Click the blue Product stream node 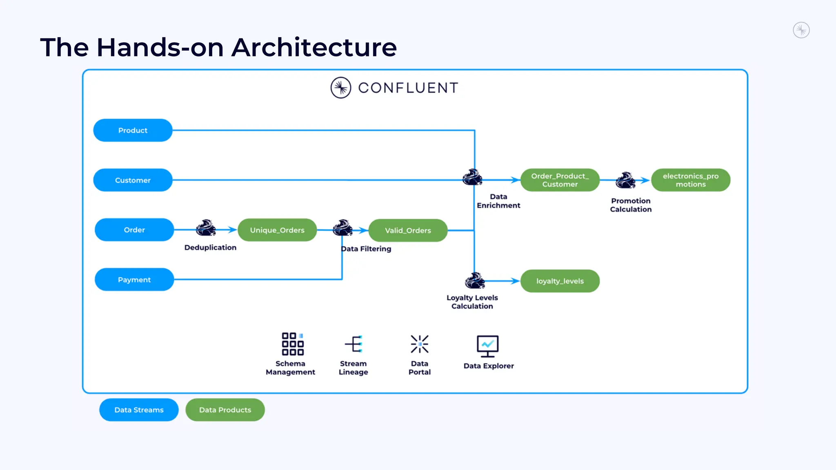[x=133, y=130]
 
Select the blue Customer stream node [x=133, y=180]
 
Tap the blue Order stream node [x=134, y=230]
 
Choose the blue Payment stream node [x=134, y=279]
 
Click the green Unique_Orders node [x=277, y=230]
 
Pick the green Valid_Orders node [x=408, y=231]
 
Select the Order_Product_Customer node [x=560, y=180]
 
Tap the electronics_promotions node [x=690, y=180]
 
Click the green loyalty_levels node [x=560, y=281]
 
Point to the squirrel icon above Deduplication [x=206, y=228]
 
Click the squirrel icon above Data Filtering [x=342, y=228]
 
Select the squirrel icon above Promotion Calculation [x=625, y=180]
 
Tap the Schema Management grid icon [x=293, y=344]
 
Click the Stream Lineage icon [x=354, y=344]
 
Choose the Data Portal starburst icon [x=420, y=344]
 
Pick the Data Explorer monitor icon [x=487, y=346]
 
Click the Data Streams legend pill [x=139, y=410]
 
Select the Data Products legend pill [x=225, y=410]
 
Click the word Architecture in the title [x=314, y=47]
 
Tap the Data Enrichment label [x=498, y=201]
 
